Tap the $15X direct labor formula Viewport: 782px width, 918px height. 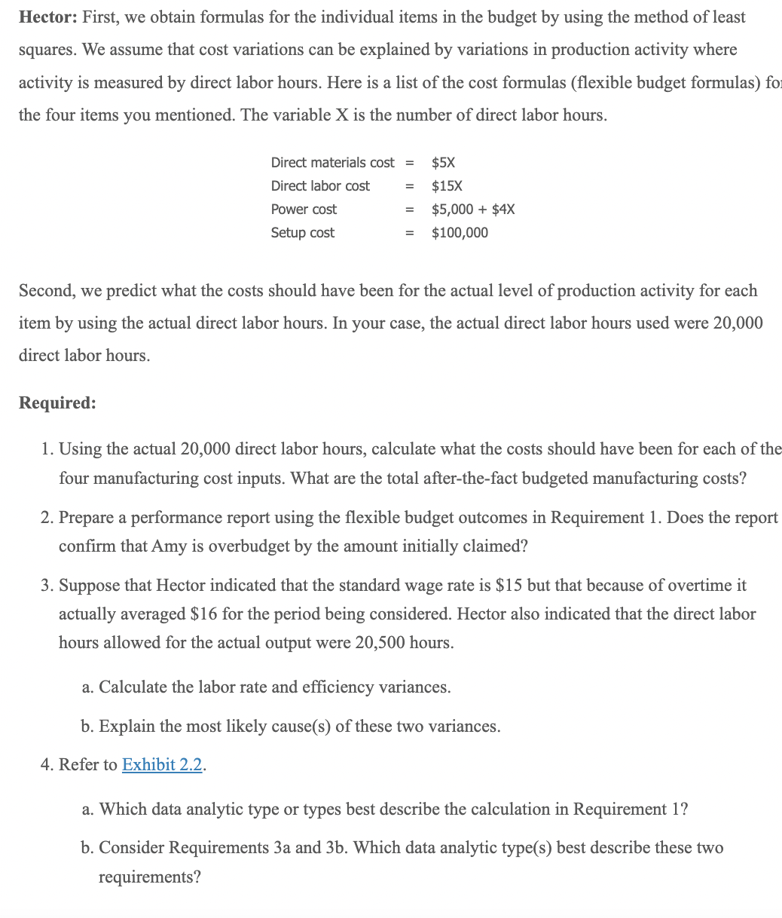[x=446, y=186]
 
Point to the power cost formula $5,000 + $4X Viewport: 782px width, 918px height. [x=472, y=210]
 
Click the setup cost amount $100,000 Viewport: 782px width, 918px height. [x=459, y=233]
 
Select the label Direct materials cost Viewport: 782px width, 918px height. [x=332, y=163]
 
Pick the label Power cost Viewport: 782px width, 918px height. [x=304, y=210]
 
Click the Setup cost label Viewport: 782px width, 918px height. [x=302, y=233]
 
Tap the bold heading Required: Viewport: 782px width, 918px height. [x=57, y=402]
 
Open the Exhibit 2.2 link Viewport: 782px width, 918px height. [x=163, y=765]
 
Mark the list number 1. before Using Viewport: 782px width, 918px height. [x=47, y=449]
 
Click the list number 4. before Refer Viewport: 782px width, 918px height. [x=47, y=765]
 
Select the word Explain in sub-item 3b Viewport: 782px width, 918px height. [x=125, y=727]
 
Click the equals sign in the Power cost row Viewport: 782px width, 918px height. [x=410, y=210]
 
